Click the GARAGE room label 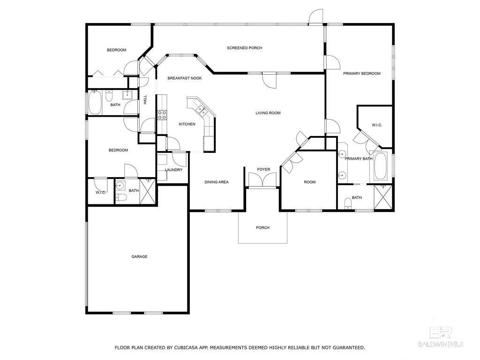pyautogui.click(x=139, y=256)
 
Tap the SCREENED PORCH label pyautogui.click(x=244, y=48)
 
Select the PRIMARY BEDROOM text pyautogui.click(x=361, y=74)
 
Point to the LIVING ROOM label pyautogui.click(x=268, y=113)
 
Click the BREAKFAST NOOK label pyautogui.click(x=185, y=78)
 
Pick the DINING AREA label pyautogui.click(x=217, y=182)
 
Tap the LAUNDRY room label pyautogui.click(x=173, y=170)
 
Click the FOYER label pyautogui.click(x=263, y=169)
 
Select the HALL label pyautogui.click(x=145, y=99)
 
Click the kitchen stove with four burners pyautogui.click(x=162, y=115)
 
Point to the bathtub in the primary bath pyautogui.click(x=381, y=165)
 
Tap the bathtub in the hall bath pyautogui.click(x=95, y=102)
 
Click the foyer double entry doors pyautogui.click(x=263, y=180)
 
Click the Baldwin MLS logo pyautogui.click(x=441, y=337)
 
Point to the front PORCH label pyautogui.click(x=262, y=228)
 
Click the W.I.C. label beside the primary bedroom pyautogui.click(x=377, y=125)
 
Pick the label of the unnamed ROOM pyautogui.click(x=309, y=182)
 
